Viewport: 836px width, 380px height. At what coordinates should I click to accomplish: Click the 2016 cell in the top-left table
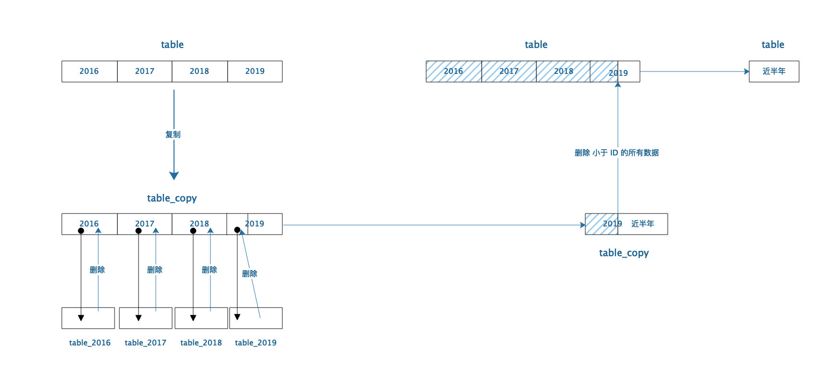tap(89, 71)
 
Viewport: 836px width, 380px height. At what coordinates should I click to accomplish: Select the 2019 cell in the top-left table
tap(255, 71)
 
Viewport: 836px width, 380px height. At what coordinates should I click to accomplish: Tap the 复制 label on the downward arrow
tap(173, 134)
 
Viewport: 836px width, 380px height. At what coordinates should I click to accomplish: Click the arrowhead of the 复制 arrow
tap(174, 176)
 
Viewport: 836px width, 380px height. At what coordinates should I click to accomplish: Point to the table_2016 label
tap(90, 343)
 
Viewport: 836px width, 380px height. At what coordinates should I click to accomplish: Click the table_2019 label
tap(255, 343)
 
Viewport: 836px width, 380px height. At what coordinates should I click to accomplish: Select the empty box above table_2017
tap(146, 318)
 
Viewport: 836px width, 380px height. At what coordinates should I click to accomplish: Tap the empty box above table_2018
tap(201, 318)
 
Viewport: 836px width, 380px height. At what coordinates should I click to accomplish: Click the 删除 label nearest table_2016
tap(97, 270)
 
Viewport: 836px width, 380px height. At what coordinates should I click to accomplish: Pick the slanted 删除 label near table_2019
tap(250, 273)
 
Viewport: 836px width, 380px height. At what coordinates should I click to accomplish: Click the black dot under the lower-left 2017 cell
tap(139, 231)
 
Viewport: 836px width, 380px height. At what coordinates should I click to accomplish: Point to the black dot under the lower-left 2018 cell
tap(193, 231)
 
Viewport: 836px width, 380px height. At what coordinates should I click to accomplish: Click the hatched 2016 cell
tap(453, 71)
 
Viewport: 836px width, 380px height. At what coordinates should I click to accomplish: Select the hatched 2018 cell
tap(563, 71)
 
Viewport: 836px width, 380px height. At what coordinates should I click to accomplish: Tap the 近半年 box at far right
tap(774, 71)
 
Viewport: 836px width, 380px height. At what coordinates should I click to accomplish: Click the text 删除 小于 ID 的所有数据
tap(616, 153)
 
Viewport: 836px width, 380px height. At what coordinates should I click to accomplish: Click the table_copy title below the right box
tap(624, 253)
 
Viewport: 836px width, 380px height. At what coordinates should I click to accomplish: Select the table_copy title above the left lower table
tap(172, 198)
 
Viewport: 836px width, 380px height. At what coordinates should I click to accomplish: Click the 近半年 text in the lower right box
tap(643, 224)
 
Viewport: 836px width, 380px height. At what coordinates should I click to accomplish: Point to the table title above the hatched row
tap(536, 45)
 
